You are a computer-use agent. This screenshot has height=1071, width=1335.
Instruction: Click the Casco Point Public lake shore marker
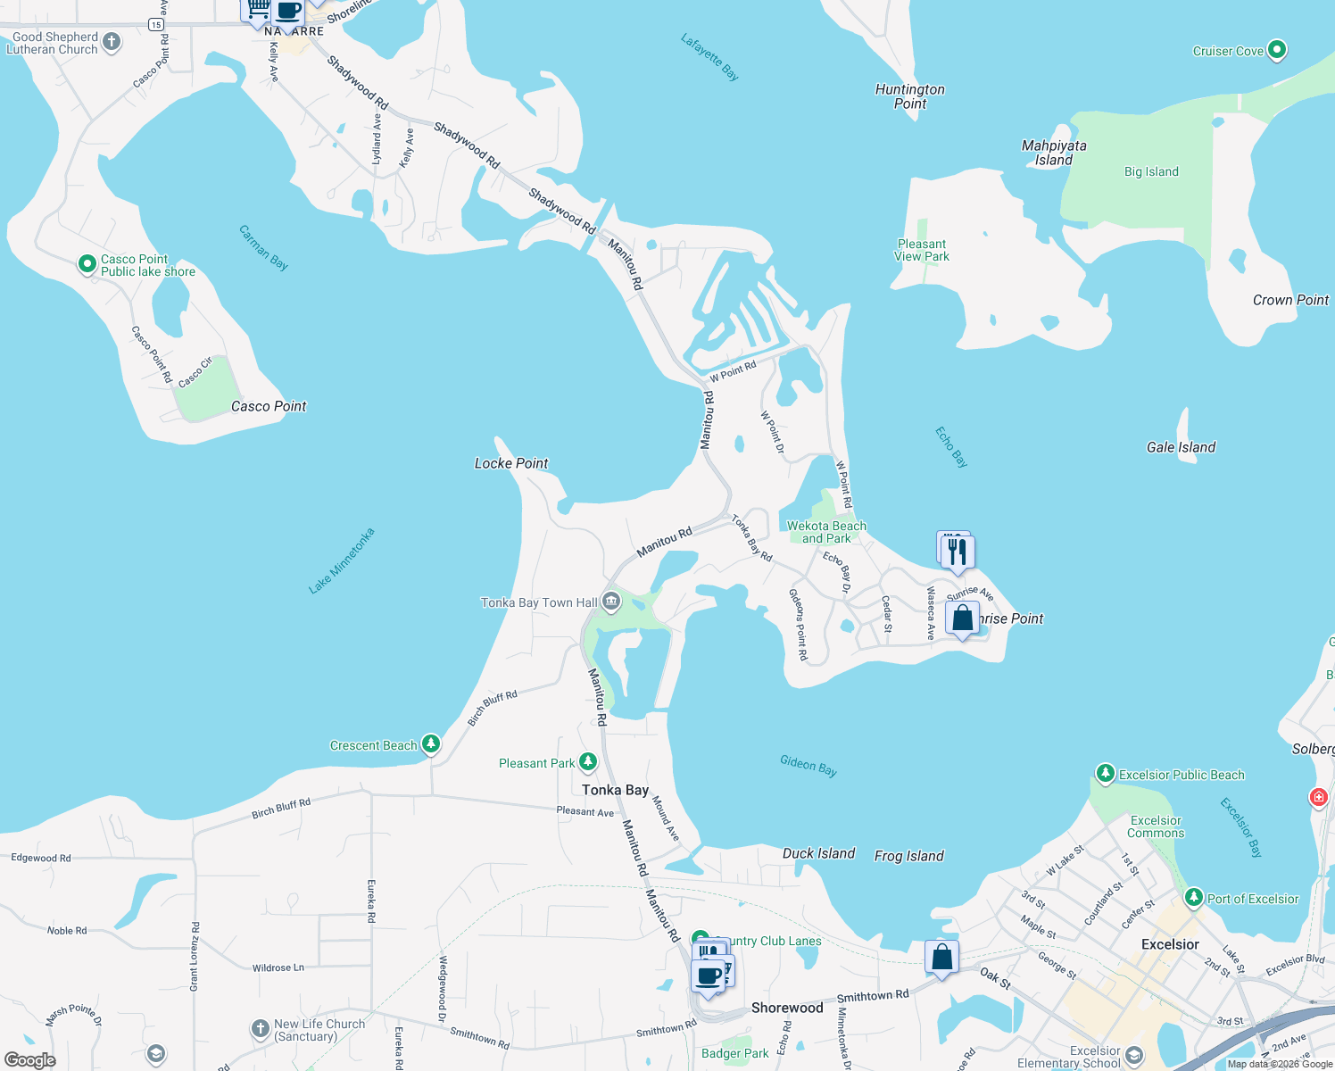coord(87,264)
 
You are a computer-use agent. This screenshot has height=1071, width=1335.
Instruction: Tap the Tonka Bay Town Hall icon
coord(611,602)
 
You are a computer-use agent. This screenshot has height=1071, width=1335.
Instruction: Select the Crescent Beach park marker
coord(431,743)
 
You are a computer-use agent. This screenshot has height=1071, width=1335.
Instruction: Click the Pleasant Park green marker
coord(587,761)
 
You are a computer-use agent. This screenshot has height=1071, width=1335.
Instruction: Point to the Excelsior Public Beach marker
coord(1105,773)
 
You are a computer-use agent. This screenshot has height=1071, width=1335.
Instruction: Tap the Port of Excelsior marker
coord(1193,897)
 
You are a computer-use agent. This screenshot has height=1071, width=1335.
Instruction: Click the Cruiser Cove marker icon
coord(1277,50)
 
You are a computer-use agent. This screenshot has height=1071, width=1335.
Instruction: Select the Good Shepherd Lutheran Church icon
coord(112,42)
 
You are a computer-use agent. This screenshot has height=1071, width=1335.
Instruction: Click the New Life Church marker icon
coord(260,1029)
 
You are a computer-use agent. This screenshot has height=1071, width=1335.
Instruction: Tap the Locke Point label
coord(511,463)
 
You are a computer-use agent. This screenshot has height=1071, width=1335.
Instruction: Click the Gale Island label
coord(1181,447)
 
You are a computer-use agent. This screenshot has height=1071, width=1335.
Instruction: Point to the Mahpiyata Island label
coord(1054,153)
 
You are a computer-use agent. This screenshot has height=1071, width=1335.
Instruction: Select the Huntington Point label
coord(909,96)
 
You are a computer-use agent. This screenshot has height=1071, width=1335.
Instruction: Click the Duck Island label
coord(818,853)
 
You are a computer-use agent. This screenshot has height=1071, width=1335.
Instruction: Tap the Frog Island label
coord(908,856)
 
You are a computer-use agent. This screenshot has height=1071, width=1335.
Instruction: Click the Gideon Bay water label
coord(808,765)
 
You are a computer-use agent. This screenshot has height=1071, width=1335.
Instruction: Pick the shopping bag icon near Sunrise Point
coord(963,619)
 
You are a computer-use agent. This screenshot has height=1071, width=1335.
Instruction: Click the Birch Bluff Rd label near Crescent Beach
coord(492,707)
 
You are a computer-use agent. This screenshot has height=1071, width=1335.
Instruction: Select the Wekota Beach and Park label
coord(826,532)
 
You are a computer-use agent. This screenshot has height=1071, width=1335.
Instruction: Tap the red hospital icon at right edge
coord(1318,797)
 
